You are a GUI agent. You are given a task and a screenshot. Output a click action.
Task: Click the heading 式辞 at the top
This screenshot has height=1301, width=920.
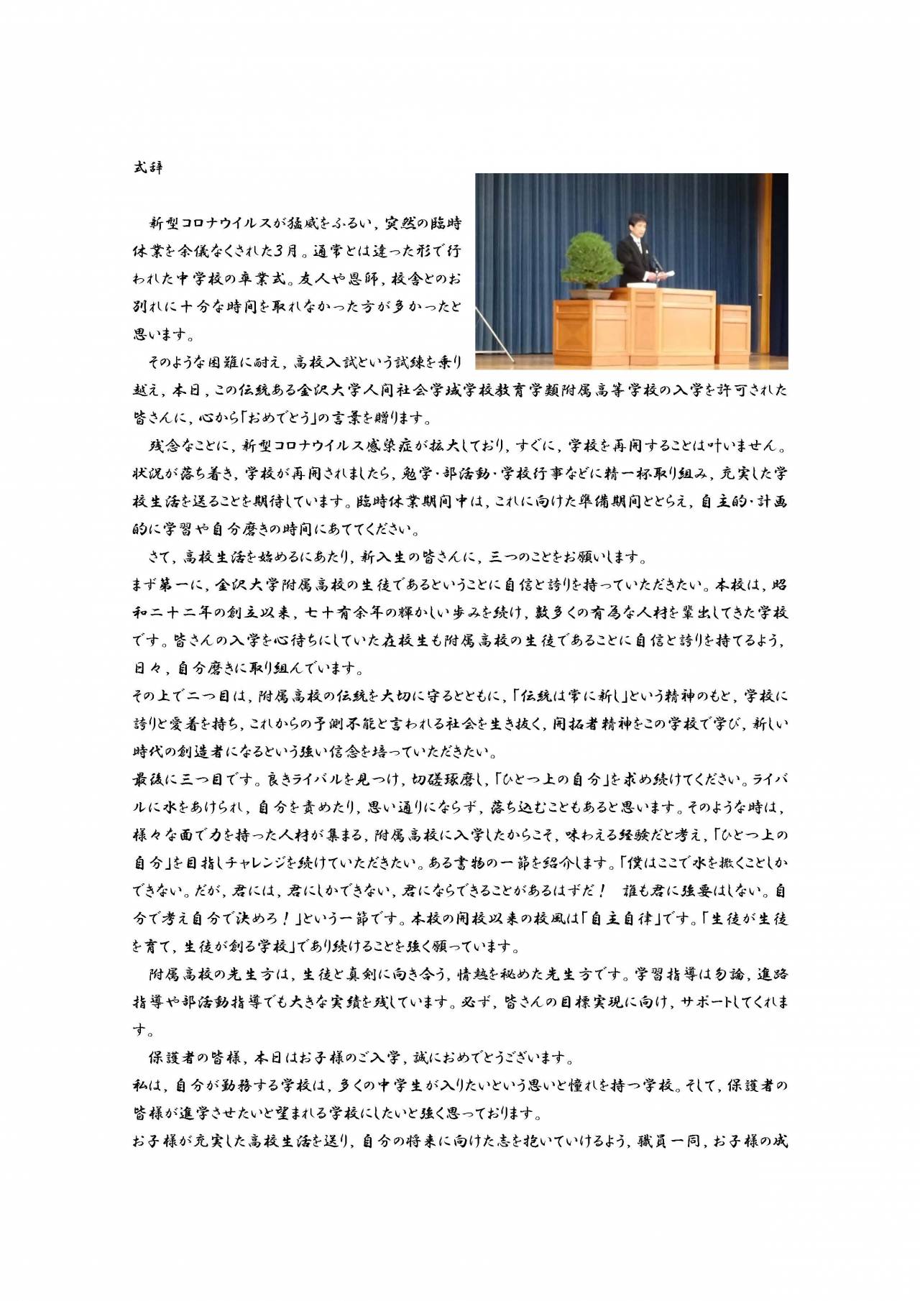point(148,167)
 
